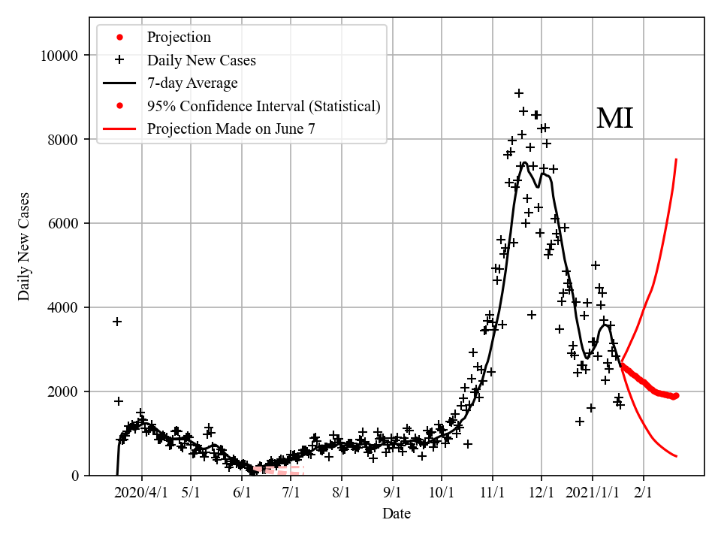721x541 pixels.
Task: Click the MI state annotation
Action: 614,119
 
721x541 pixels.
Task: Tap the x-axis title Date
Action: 396,514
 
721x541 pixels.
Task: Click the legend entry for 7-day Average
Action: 192,83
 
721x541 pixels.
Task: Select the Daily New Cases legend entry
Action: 201,60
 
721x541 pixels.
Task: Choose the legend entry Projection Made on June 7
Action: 231,128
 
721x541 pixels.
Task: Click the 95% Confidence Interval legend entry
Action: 264,106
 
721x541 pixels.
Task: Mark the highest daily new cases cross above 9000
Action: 519,93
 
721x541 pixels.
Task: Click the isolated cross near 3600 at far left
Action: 117,322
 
